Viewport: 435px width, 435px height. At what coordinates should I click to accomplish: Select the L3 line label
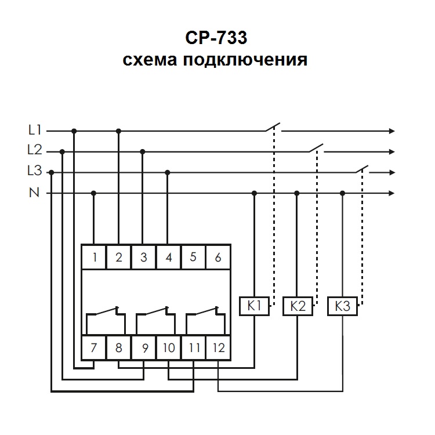[35, 172]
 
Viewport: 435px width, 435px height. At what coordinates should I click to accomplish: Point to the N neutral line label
[34, 193]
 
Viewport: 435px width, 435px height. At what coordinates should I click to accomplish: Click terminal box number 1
[94, 258]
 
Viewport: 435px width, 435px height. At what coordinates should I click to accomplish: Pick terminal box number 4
[168, 258]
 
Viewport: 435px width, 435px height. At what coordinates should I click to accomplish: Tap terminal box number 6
[218, 258]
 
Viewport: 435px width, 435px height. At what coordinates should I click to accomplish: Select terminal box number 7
[94, 349]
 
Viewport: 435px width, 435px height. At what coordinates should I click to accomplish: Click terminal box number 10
[168, 349]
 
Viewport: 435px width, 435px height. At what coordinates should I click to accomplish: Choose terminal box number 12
[218, 349]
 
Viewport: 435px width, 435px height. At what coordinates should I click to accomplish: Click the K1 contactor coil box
[254, 306]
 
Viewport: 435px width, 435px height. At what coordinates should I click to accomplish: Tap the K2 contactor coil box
[298, 306]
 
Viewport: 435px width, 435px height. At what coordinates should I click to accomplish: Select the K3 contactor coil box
[342, 306]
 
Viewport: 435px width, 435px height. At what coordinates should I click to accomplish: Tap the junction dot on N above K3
[342, 193]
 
